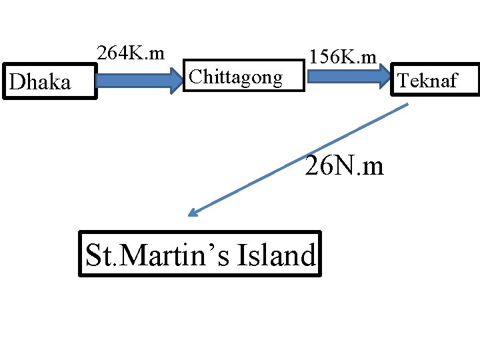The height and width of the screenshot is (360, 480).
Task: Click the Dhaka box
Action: click(50, 81)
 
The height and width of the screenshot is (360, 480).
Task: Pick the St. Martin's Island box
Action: click(200, 253)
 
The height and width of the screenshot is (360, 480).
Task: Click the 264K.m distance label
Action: click(131, 52)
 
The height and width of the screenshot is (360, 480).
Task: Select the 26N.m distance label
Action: click(344, 165)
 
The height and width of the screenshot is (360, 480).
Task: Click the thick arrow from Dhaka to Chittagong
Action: click(137, 81)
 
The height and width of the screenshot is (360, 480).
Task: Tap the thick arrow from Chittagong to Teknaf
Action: click(347, 75)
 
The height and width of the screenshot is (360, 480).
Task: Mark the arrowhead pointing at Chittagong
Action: click(178, 81)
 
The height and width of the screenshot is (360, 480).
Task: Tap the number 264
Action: click(111, 52)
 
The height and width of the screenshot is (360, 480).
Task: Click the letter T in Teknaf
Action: click(403, 81)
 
